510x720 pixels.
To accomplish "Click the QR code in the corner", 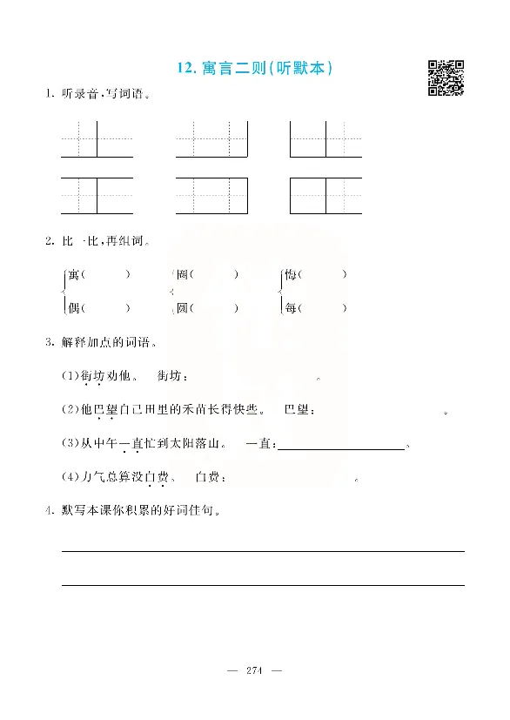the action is pos(445,77).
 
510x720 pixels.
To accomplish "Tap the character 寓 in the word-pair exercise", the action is pos(74,274).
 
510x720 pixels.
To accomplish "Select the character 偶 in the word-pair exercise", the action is pos(74,307).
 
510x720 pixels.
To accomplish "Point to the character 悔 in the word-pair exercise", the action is pos(291,274).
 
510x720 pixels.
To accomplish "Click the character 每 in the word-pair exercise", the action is pos(291,307).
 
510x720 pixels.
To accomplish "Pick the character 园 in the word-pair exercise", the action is pos(182,307).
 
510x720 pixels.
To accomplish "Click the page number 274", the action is pos(255,670).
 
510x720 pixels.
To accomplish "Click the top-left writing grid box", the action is pos(97,138).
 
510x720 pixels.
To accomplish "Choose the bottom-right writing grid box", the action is pos(325,195).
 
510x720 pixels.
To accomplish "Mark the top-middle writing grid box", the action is pos(211,138).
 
